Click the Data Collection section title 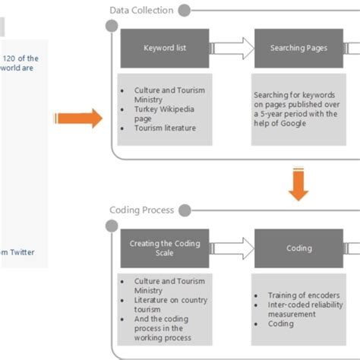pos(141,11)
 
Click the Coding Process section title pos(141,210)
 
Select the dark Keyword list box pos(165,49)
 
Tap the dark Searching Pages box pos(298,49)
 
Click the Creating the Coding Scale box pos(165,248)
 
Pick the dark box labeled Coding pos(298,248)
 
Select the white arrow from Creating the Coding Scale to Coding pos(231,248)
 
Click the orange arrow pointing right pos(78,118)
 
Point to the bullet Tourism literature pos(165,128)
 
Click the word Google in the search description pos(292,124)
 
